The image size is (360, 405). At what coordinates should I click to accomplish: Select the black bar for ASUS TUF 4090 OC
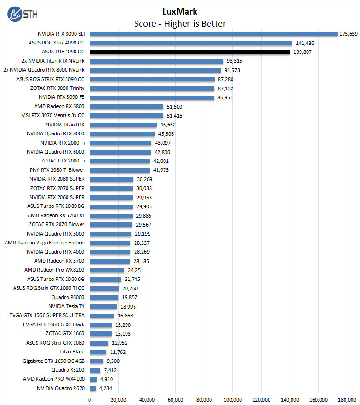[x=189, y=52]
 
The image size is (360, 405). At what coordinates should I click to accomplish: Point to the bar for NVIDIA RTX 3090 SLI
[x=214, y=34]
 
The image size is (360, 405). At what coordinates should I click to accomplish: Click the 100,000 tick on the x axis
[x=232, y=399]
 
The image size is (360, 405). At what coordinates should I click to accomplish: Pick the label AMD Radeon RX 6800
[x=60, y=107]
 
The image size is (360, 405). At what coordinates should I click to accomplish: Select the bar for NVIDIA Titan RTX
[x=123, y=125]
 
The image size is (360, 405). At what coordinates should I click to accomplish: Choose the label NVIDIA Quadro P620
[x=61, y=388]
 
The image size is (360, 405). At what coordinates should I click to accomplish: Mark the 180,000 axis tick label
[x=347, y=399]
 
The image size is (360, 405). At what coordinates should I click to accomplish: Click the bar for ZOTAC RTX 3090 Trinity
[x=152, y=88]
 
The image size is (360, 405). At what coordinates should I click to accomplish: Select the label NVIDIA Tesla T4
[x=66, y=306]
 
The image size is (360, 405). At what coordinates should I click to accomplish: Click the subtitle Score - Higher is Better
[x=180, y=23]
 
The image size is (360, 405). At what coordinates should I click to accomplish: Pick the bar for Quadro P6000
[x=104, y=297]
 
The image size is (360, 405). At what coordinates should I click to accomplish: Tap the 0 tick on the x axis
[x=90, y=399]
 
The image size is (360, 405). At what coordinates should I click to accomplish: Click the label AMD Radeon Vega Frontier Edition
[x=45, y=243]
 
